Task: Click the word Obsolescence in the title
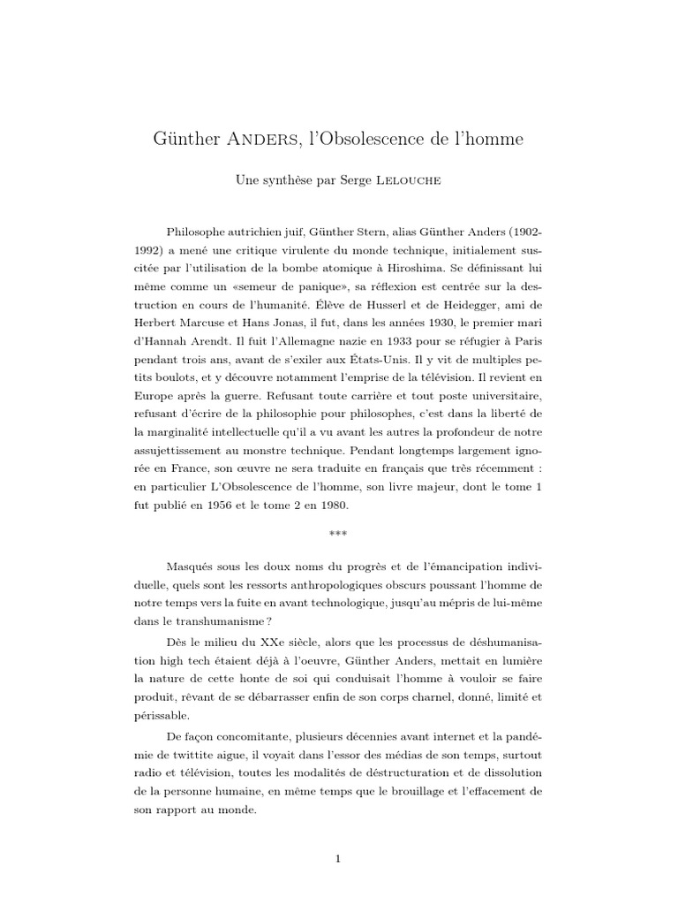(x=393, y=140)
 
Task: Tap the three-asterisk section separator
(x=338, y=535)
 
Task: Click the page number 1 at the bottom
(x=338, y=856)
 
